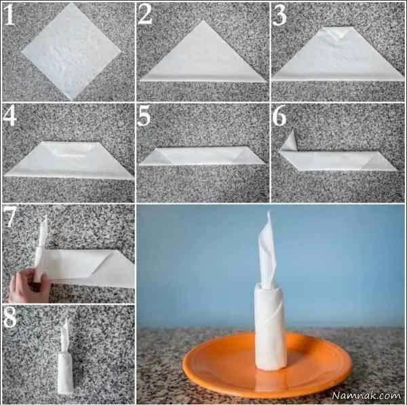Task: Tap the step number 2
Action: point(145,14)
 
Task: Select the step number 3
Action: point(279,15)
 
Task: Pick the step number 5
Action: point(144,116)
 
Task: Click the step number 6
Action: point(279,116)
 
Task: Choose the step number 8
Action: point(10,317)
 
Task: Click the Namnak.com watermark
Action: point(366,395)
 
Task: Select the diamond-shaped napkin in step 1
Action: point(71,52)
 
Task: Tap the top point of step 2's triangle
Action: point(203,21)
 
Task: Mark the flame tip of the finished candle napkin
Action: point(269,212)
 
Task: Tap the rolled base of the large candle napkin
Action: point(270,325)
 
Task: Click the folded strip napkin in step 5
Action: point(202,156)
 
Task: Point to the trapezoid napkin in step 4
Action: point(69,160)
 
